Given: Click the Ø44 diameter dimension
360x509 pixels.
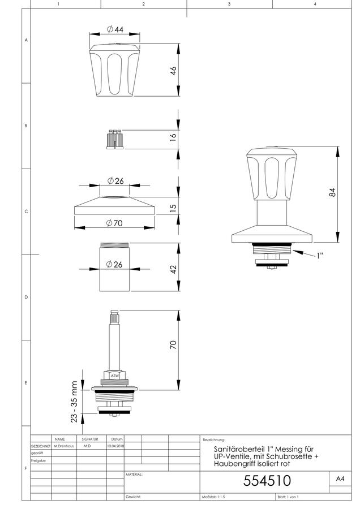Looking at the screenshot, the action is pyautogui.click(x=115, y=29).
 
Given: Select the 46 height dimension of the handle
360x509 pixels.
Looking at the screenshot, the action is pyautogui.click(x=173, y=71).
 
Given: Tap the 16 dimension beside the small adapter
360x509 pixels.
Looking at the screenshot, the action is pyautogui.click(x=173, y=136).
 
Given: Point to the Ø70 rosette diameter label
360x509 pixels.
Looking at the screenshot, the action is pyautogui.click(x=114, y=223).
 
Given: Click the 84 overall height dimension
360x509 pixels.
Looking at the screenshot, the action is pyautogui.click(x=332, y=192).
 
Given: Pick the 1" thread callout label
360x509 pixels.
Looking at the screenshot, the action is pyautogui.click(x=320, y=256).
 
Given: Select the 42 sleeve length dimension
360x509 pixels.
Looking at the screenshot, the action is pyautogui.click(x=173, y=269).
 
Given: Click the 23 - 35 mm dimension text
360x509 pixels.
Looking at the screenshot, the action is pyautogui.click(x=74, y=402).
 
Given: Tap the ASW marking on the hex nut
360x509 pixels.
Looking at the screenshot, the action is pyautogui.click(x=115, y=376).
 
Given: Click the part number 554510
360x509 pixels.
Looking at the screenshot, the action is pyautogui.click(x=267, y=481).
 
